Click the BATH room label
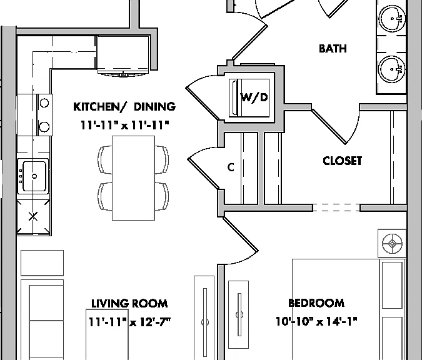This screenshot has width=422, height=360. pos(333,49)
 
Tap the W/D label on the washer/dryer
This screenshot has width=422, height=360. pos(254,97)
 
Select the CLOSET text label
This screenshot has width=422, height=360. pos(343,161)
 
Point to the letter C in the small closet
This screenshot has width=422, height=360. pos(231,167)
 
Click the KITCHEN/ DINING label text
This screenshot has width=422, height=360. pos(124,106)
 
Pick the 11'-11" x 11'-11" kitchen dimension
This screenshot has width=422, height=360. pos(125,125)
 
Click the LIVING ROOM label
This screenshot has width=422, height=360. pos(129,304)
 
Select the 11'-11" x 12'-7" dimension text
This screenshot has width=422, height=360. pos(129,322)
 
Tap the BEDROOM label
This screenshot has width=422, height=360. pos(316,303)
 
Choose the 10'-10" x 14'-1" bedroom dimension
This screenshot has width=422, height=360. pos(316,321)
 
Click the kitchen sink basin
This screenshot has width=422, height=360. pos(34,176)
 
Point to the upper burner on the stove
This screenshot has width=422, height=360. pos(44,102)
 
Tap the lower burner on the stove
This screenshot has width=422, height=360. pos(44,126)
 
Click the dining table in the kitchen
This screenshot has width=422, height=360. pos(134,178)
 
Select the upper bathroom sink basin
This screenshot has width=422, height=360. pos(393,18)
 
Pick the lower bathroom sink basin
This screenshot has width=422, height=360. pos(393,69)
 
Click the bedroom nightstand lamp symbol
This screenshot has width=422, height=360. pos(392,244)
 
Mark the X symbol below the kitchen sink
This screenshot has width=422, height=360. pos(33,216)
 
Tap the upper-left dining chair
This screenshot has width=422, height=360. pos(105,159)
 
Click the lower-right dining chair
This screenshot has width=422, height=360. pos(162,196)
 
